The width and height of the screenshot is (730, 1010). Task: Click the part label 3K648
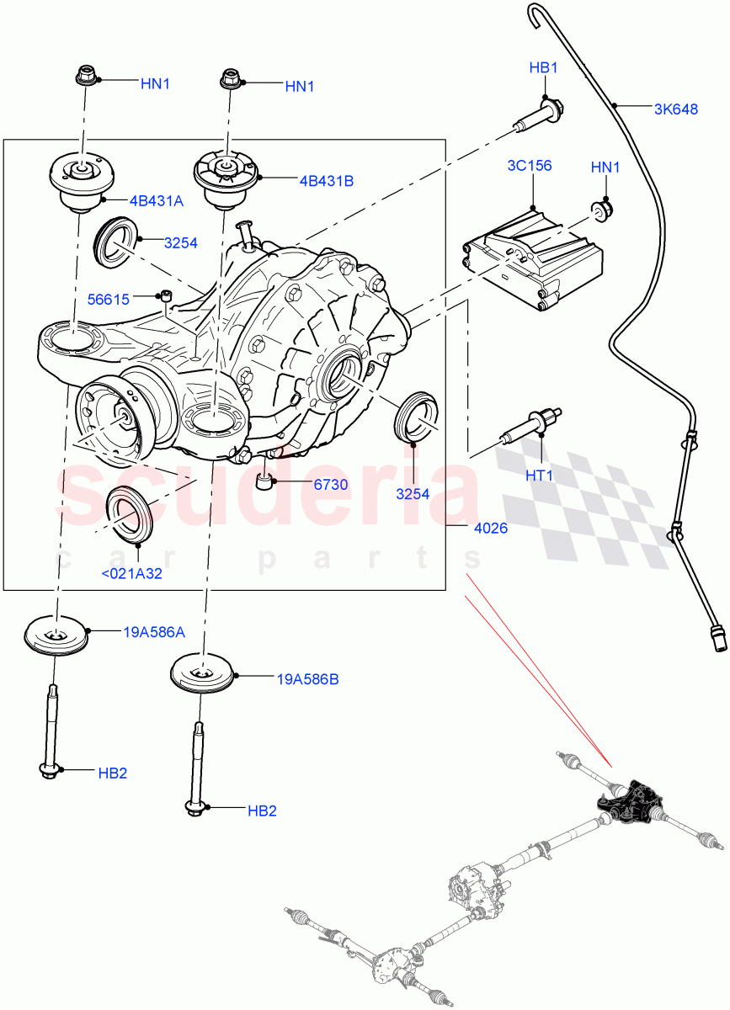click(x=676, y=109)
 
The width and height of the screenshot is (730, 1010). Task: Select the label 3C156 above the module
click(x=530, y=165)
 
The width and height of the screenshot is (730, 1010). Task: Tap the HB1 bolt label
click(x=544, y=67)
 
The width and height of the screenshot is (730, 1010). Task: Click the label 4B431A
click(x=156, y=201)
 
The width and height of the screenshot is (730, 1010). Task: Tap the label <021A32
click(x=131, y=574)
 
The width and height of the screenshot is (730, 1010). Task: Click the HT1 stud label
click(x=539, y=476)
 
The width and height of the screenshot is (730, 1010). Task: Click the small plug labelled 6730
click(x=264, y=482)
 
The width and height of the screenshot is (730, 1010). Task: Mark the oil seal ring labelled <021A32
click(x=128, y=516)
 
